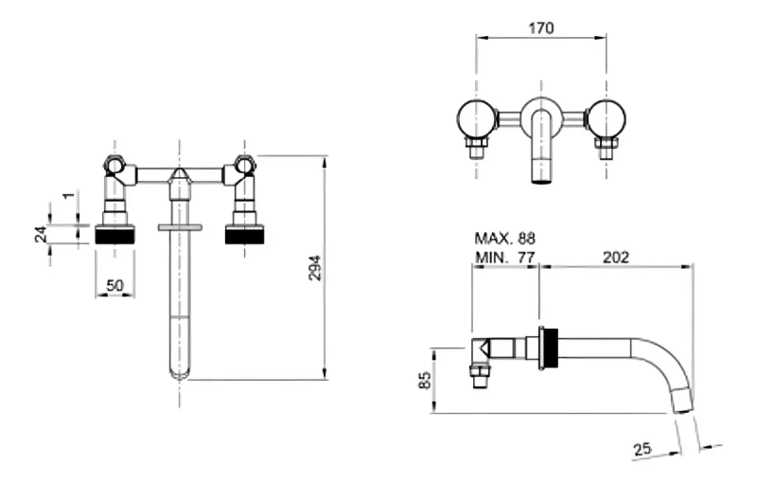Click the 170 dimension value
pos(540,28)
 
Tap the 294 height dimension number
pos(315,268)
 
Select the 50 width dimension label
pos(114,285)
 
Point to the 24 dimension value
pos(42,234)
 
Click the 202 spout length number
pos(616,257)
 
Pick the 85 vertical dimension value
pos(425,380)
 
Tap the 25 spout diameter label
pos(642,449)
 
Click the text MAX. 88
pos(505,238)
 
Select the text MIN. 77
pos(505,257)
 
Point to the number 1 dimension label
pos(69,195)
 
